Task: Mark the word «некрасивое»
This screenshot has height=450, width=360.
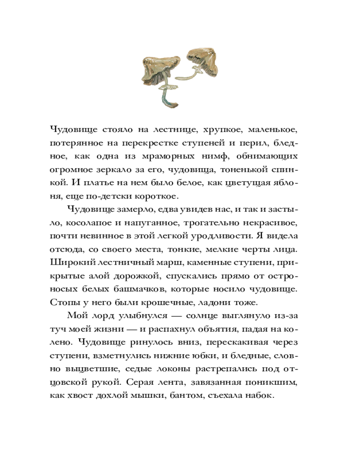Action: point(274,223)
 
